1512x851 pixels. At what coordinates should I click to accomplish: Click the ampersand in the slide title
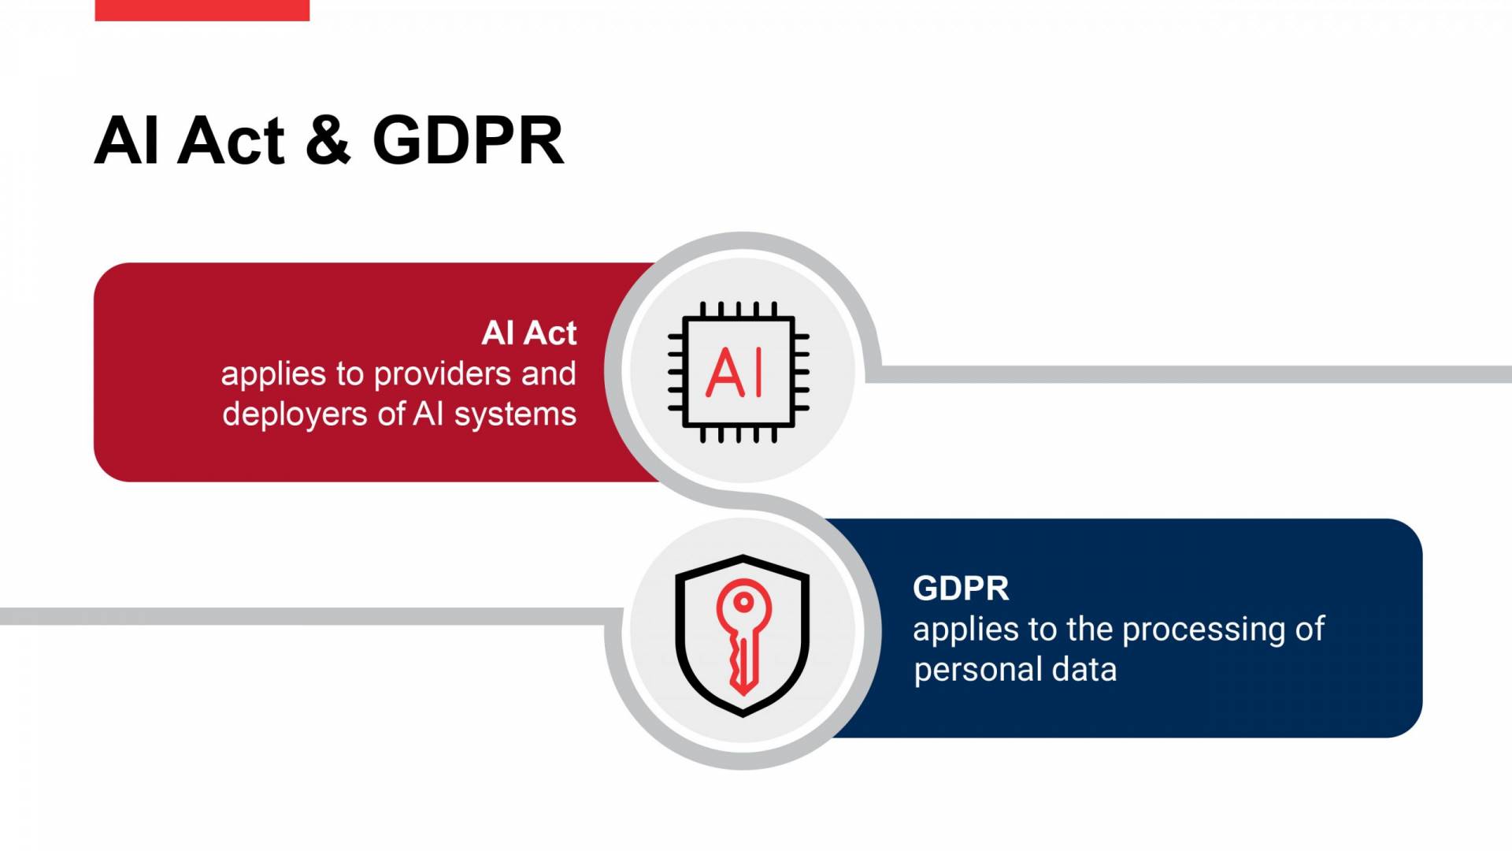[x=328, y=140]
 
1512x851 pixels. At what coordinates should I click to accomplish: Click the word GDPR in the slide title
[x=468, y=140]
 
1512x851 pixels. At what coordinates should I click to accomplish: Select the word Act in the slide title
[x=231, y=140]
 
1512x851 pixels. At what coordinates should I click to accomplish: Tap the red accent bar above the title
[x=202, y=9]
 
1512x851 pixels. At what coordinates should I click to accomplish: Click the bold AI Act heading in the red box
[x=528, y=333]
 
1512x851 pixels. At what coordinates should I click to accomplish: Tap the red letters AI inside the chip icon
[x=734, y=373]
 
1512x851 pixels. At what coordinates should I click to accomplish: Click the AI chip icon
[x=739, y=372]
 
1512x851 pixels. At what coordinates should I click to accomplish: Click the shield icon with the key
[x=742, y=635]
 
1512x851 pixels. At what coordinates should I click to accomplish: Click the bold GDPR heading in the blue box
[x=960, y=589]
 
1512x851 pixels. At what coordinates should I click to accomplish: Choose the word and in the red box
[x=548, y=374]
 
